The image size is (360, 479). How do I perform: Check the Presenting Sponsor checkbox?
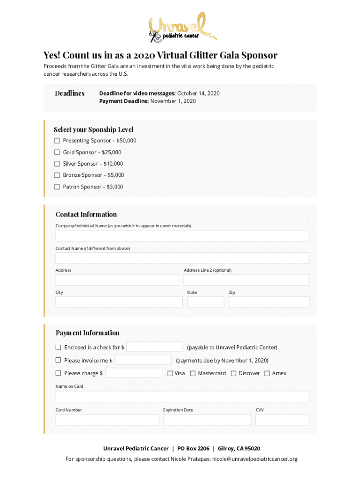click(x=57, y=141)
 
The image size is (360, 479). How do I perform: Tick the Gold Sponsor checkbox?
click(x=57, y=152)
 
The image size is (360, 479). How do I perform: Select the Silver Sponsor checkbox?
click(x=57, y=164)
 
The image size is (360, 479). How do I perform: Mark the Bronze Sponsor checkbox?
click(x=57, y=175)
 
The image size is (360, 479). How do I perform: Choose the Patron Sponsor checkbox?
click(x=57, y=187)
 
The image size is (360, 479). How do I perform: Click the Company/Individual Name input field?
click(x=182, y=236)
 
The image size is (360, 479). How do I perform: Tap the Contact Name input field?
click(x=182, y=258)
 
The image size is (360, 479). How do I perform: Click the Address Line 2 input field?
click(x=246, y=280)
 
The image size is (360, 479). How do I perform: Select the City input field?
click(x=119, y=302)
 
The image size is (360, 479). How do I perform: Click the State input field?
click(x=205, y=302)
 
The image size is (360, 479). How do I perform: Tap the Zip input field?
click(x=269, y=302)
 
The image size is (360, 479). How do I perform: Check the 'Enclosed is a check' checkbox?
click(x=58, y=348)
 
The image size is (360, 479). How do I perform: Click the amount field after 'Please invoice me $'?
click(x=143, y=360)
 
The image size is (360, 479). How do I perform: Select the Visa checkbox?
click(x=171, y=373)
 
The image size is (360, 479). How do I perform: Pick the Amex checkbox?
click(x=267, y=373)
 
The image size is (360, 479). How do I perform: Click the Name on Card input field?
click(x=182, y=397)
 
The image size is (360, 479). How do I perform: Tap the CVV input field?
click(x=282, y=420)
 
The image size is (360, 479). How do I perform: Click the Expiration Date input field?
click(x=207, y=420)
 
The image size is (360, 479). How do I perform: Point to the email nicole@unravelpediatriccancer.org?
click(x=255, y=459)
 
